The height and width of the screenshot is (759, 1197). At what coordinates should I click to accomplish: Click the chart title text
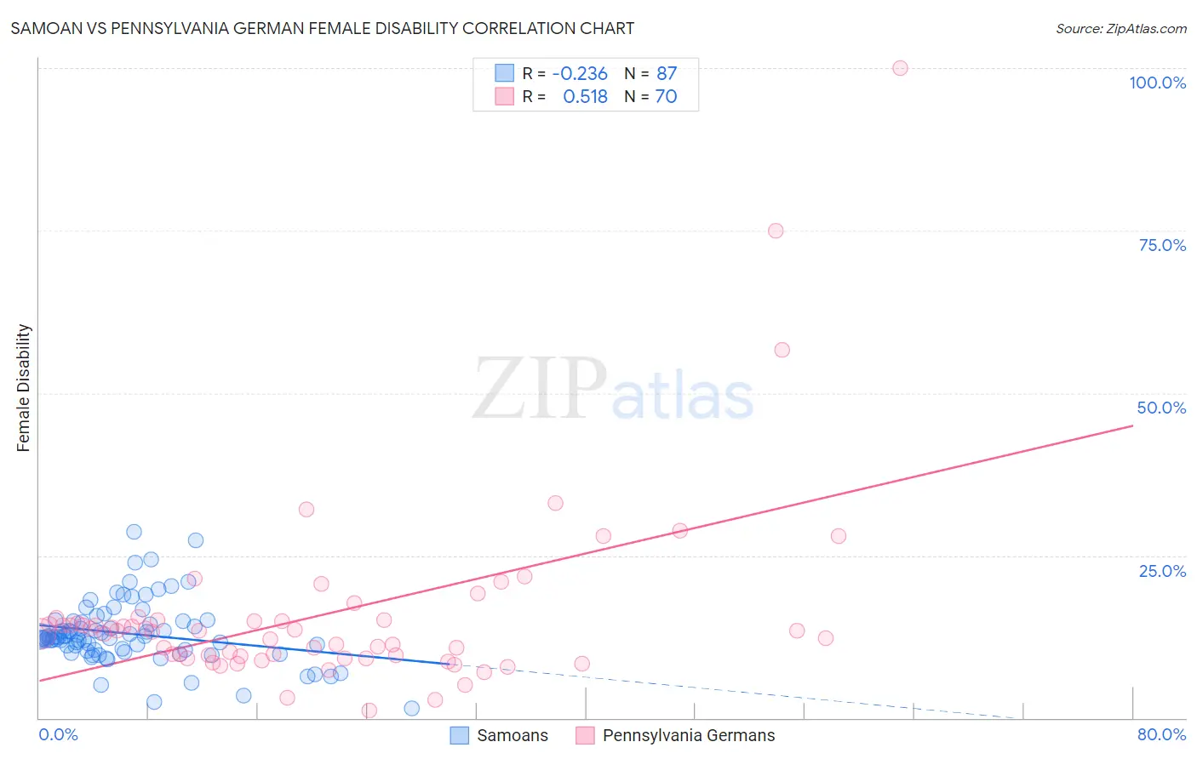click(322, 28)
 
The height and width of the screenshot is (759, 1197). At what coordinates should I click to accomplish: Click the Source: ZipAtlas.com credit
click(1120, 28)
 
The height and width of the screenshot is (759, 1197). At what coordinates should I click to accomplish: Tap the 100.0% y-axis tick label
click(1157, 83)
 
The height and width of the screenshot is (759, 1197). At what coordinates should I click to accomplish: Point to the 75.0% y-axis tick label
click(1162, 245)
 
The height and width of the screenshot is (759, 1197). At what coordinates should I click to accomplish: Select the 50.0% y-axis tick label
click(1161, 408)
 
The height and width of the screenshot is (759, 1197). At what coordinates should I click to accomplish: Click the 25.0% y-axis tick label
click(1162, 571)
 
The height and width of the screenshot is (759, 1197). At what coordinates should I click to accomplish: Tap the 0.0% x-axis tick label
click(58, 734)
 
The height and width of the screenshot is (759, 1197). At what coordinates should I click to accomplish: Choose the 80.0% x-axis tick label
click(1161, 734)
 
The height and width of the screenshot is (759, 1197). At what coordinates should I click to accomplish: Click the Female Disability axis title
click(24, 388)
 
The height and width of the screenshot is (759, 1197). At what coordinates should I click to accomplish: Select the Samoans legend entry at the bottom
click(499, 735)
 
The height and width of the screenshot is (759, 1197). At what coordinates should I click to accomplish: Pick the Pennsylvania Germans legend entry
click(675, 735)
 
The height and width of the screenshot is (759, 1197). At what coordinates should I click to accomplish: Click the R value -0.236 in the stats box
click(580, 74)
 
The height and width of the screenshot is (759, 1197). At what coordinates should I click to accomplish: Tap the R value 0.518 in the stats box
click(585, 97)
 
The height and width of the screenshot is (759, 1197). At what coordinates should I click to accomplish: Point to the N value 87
click(667, 74)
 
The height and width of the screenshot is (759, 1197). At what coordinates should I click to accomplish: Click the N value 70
click(666, 97)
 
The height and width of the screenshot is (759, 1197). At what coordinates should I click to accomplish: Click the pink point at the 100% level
click(900, 68)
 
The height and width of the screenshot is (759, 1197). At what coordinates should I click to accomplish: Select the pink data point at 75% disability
click(776, 231)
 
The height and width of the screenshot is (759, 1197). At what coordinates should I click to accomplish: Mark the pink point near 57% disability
click(782, 350)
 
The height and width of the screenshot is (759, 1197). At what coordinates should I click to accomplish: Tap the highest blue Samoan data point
click(134, 532)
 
